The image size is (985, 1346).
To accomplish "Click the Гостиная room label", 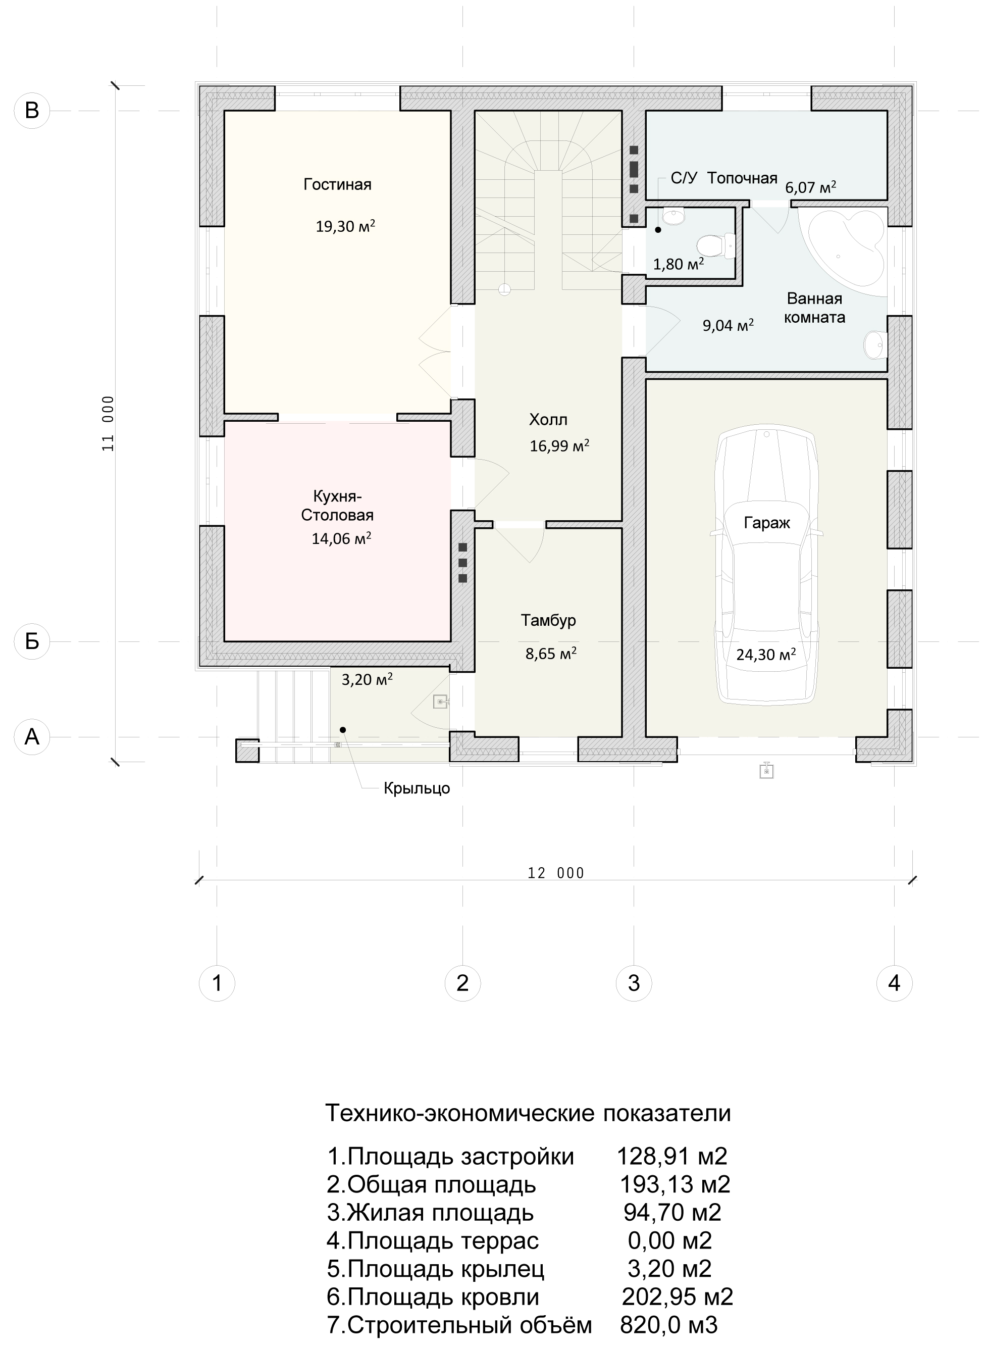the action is (x=337, y=185).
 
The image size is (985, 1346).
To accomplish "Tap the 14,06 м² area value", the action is (x=342, y=538).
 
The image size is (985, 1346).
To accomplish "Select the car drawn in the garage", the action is (x=767, y=566).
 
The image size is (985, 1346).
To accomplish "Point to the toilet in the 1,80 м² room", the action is (x=715, y=245).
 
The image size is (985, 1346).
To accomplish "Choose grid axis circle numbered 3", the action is (x=634, y=982).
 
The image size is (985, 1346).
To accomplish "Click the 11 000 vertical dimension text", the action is (x=108, y=423).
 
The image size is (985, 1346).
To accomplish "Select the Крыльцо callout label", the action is (x=417, y=788).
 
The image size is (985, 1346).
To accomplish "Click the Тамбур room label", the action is (x=549, y=620).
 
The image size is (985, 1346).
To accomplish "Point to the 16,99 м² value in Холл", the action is (x=560, y=445).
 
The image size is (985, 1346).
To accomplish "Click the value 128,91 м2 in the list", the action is (x=672, y=1157).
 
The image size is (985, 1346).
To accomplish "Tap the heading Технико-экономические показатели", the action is (x=528, y=1113).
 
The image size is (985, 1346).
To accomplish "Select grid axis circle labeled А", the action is (x=32, y=737).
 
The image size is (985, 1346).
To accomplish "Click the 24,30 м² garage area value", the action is (x=766, y=654).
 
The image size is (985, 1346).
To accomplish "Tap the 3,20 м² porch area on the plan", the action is (x=367, y=679).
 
